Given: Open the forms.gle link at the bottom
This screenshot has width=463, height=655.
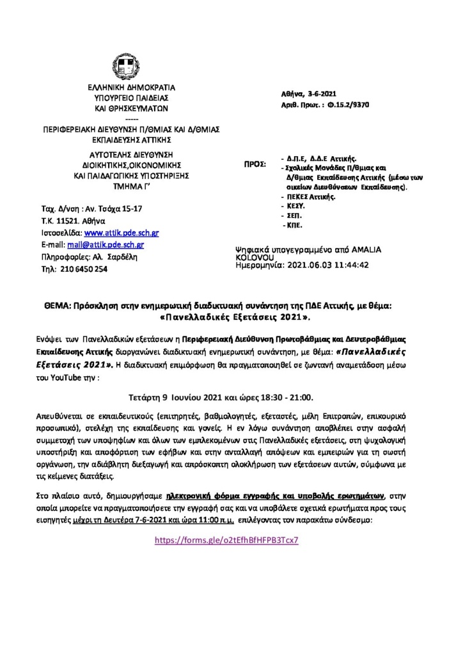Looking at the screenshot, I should (x=227, y=540).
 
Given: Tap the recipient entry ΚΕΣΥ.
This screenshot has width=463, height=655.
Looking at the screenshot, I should (x=296, y=207).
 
